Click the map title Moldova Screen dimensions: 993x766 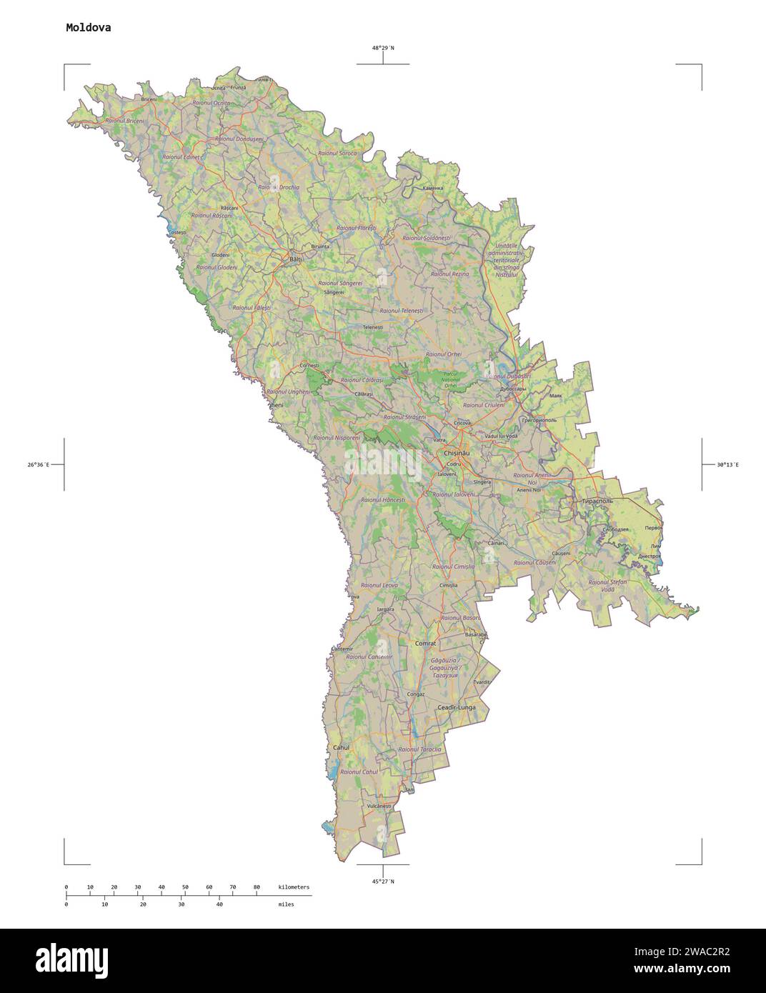[x=88, y=28]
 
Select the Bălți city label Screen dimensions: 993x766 [x=295, y=259]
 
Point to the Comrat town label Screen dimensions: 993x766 [x=425, y=643]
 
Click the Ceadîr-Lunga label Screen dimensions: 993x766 [x=456, y=707]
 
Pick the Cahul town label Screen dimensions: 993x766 [x=341, y=747]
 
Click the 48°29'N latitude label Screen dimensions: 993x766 [x=382, y=48]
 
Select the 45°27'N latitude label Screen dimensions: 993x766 [x=382, y=882]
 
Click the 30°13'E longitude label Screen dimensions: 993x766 [x=728, y=465]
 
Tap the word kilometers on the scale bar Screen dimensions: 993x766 [x=294, y=887]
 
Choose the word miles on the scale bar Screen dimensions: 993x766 [x=286, y=904]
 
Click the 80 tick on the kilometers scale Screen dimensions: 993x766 [x=257, y=887]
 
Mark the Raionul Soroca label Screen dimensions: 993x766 [x=337, y=153]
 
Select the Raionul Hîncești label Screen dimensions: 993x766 [x=383, y=500]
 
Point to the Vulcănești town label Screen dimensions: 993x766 [x=379, y=806]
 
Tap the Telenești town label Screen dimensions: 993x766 [x=373, y=327]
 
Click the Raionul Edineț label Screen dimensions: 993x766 [x=181, y=156]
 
